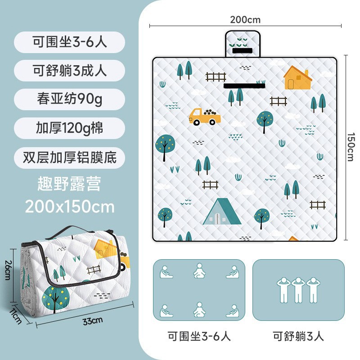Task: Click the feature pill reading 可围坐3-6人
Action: click(x=69, y=42)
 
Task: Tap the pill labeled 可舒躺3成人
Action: click(x=69, y=71)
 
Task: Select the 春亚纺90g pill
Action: click(x=69, y=99)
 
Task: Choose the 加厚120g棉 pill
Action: click(x=69, y=128)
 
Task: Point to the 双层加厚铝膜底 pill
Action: click(x=69, y=157)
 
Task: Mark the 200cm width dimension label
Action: click(x=245, y=19)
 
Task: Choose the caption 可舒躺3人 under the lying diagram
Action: click(x=298, y=336)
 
